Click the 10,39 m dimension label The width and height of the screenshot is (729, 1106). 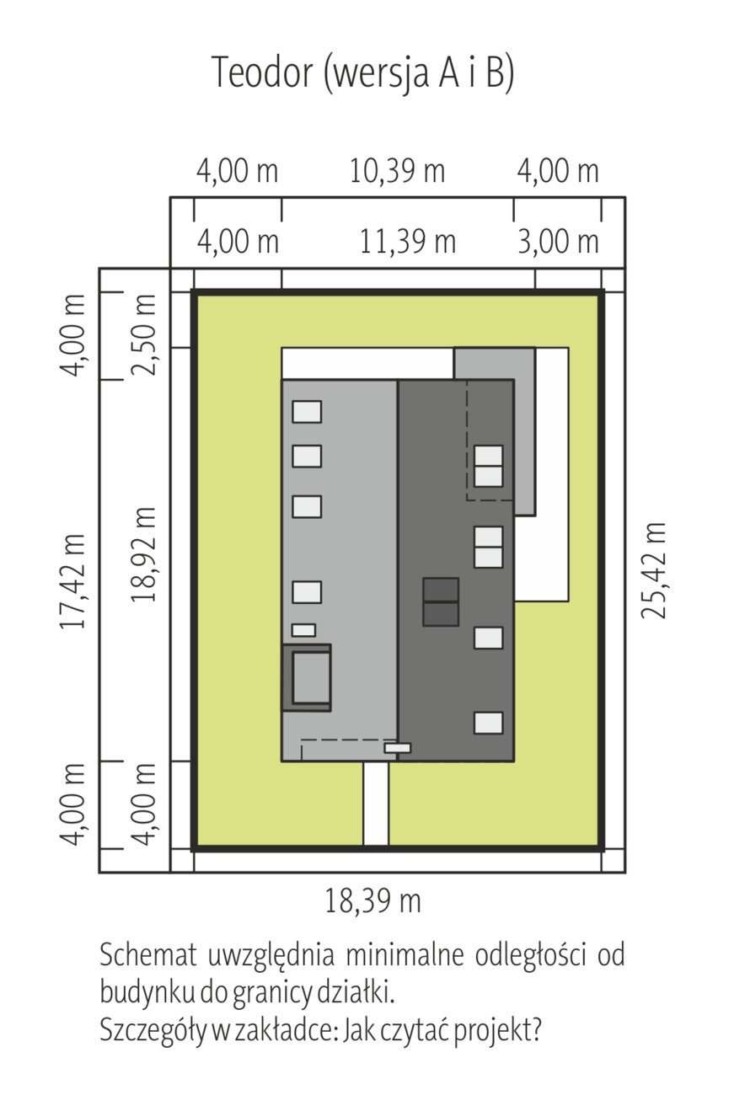(x=398, y=172)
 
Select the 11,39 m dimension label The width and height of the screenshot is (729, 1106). (x=407, y=243)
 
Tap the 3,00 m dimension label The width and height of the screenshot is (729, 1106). (x=558, y=243)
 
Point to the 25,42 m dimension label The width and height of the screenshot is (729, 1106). (x=653, y=570)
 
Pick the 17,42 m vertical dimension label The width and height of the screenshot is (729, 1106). (x=72, y=580)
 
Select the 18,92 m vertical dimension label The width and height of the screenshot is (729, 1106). (x=143, y=553)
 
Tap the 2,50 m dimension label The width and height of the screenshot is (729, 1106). (x=143, y=335)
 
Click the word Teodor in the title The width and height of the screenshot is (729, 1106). (x=263, y=72)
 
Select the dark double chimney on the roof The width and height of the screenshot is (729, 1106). (x=441, y=602)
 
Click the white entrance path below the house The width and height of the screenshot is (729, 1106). (x=376, y=804)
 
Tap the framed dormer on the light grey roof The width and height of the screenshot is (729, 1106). (x=307, y=677)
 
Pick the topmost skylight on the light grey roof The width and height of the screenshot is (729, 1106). (x=307, y=412)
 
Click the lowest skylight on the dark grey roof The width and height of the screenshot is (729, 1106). (x=489, y=723)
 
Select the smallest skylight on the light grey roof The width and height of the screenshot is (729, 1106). (x=303, y=630)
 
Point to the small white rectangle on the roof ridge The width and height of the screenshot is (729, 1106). (x=398, y=748)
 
